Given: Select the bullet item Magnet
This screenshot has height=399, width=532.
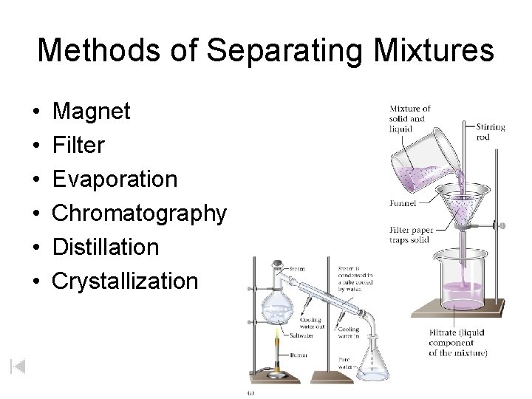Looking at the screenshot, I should (92, 112).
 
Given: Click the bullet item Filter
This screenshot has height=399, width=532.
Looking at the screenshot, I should (79, 146).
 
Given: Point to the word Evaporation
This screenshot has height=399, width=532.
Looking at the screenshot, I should (116, 180).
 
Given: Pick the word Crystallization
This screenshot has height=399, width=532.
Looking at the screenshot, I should (126, 281).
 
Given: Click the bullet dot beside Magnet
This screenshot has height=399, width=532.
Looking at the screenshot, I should (36, 112).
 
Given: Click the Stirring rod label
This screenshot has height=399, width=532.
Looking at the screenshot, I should (491, 132).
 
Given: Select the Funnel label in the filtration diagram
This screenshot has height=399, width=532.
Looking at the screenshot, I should (402, 202).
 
